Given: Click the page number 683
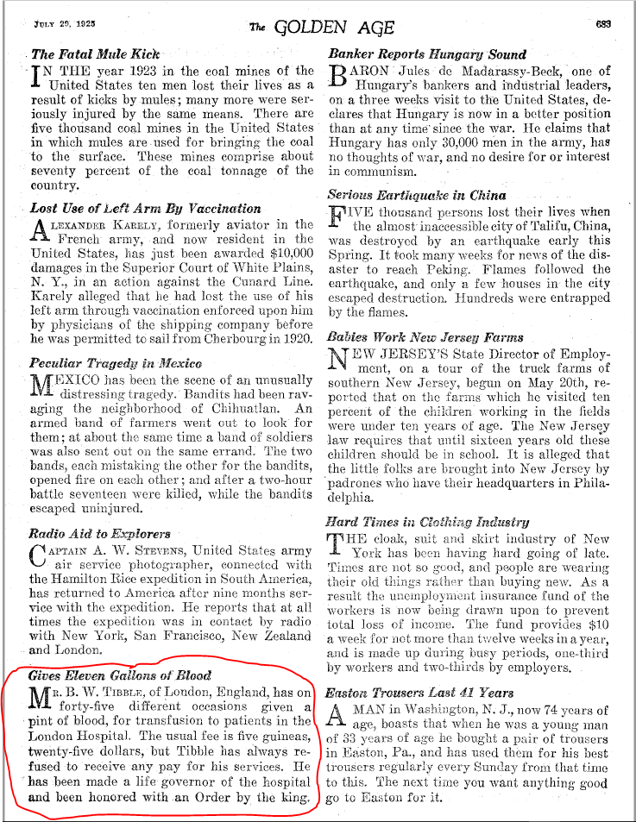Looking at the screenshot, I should tap(602, 24).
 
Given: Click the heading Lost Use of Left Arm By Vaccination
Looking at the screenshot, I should tap(145, 208).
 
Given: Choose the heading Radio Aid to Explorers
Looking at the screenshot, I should tap(99, 533).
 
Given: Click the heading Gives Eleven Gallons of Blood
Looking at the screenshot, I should tap(119, 675).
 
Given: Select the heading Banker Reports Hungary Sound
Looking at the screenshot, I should tap(427, 53).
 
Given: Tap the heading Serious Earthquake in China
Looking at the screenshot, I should tap(417, 195).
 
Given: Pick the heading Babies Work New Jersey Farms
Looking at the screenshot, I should tap(425, 336).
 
